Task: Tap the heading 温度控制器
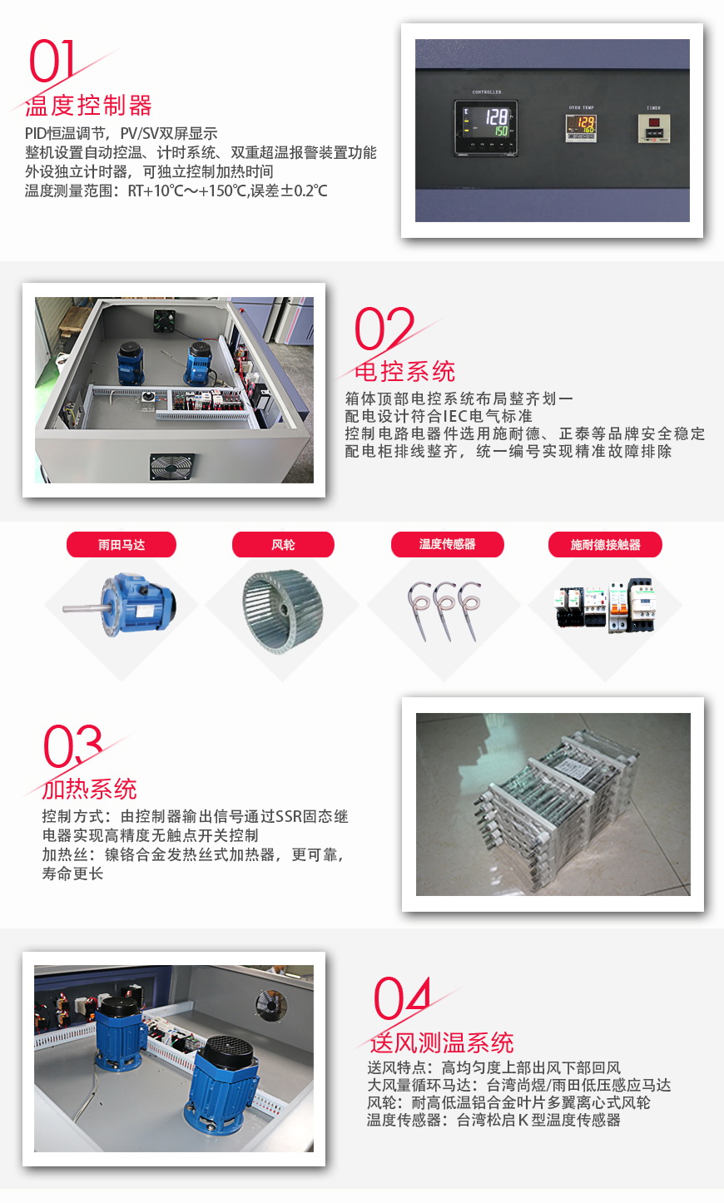[x=88, y=106]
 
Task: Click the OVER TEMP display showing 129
[x=581, y=127]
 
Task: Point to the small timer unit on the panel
[x=654, y=128]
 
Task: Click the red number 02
[x=384, y=329]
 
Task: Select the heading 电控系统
[x=404, y=371]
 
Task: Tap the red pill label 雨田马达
[x=121, y=545]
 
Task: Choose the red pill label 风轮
[x=283, y=545]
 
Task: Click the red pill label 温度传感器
[x=448, y=544]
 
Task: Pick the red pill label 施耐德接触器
[x=605, y=545]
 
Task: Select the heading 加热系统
[x=89, y=789]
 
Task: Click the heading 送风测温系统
[x=441, y=1042]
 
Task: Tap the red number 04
[x=402, y=998]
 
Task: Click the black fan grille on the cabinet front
[x=171, y=466]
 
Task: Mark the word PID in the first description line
[x=35, y=134]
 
